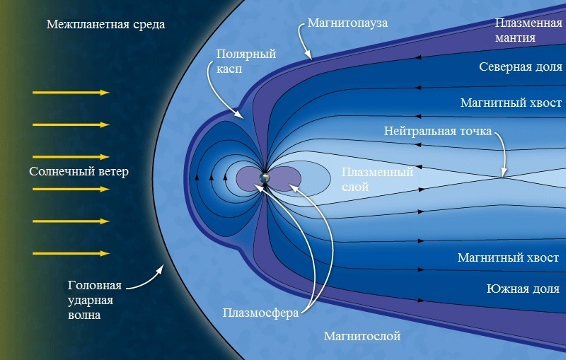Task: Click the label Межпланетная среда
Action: [105, 25]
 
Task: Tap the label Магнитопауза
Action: [347, 23]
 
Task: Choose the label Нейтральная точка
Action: [437, 132]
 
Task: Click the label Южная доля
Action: [523, 289]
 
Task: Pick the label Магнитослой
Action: [362, 335]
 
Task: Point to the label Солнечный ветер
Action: [79, 172]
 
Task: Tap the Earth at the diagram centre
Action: [265, 178]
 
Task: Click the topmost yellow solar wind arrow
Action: [70, 93]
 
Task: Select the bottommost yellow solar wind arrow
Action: [70, 253]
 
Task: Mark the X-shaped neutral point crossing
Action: [501, 177]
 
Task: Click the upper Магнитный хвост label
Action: [511, 103]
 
